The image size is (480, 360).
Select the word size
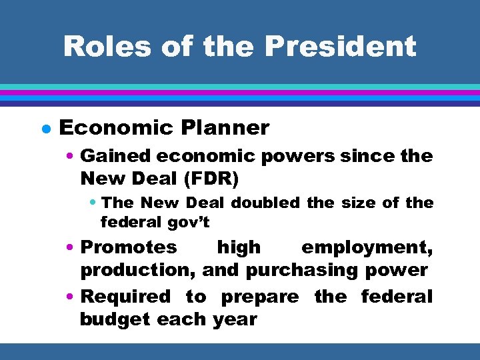click(361, 203)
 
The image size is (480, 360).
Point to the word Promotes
click(129, 247)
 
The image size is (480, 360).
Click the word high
click(239, 247)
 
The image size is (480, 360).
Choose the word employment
click(367, 247)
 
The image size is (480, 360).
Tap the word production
click(137, 270)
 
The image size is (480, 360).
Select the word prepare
click(259, 296)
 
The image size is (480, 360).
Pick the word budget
click(115, 319)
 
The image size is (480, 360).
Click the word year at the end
click(235, 319)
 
